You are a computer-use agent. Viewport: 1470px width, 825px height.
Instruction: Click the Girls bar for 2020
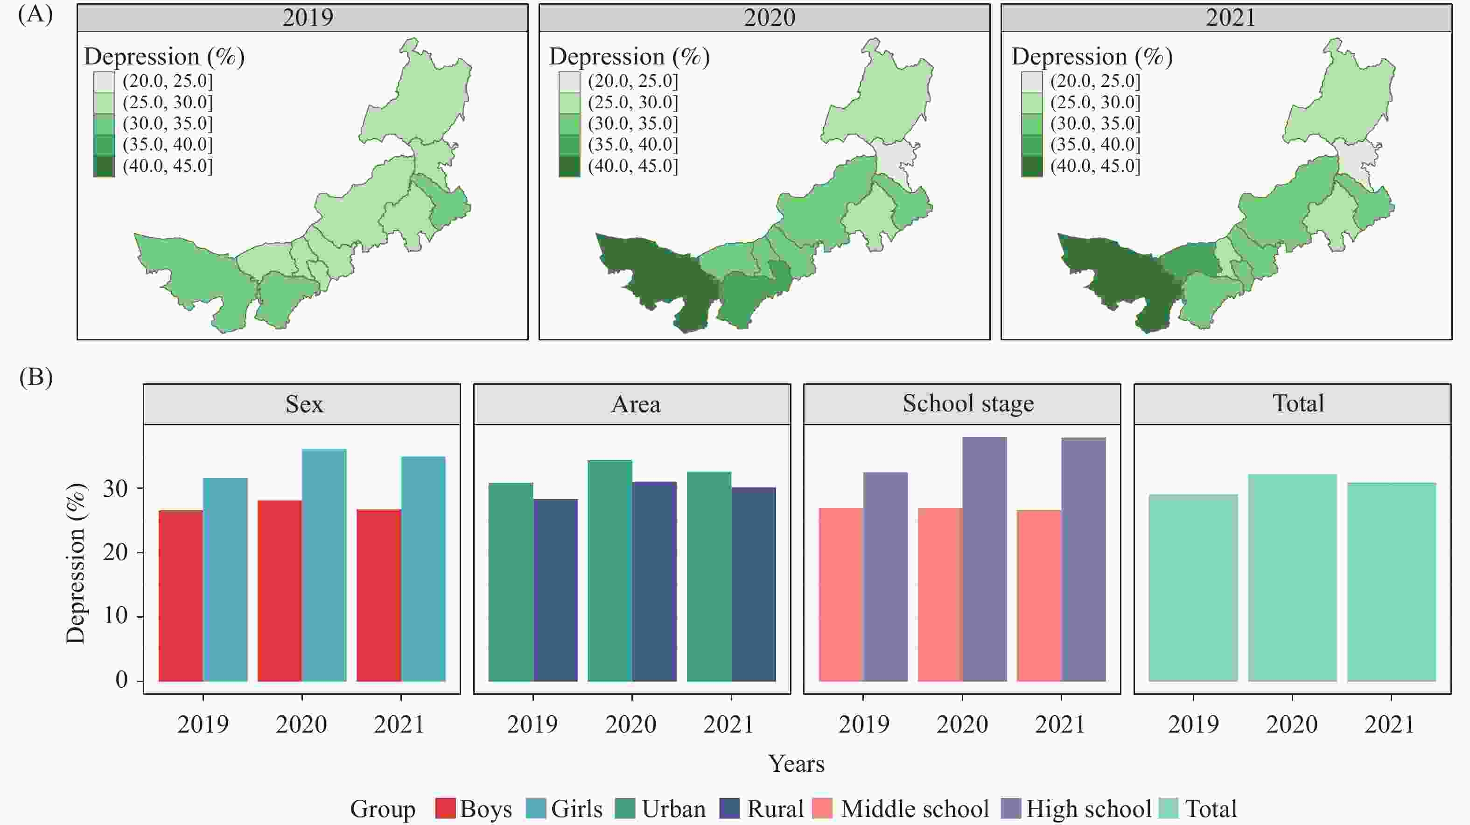point(324,565)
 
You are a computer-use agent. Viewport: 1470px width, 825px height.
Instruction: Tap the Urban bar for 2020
point(609,571)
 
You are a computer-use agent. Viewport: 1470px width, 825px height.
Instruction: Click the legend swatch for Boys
point(445,809)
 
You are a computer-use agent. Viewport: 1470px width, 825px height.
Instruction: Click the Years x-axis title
point(796,763)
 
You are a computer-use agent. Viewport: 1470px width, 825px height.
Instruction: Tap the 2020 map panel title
point(769,17)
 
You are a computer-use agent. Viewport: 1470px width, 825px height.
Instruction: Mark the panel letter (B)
point(35,377)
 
